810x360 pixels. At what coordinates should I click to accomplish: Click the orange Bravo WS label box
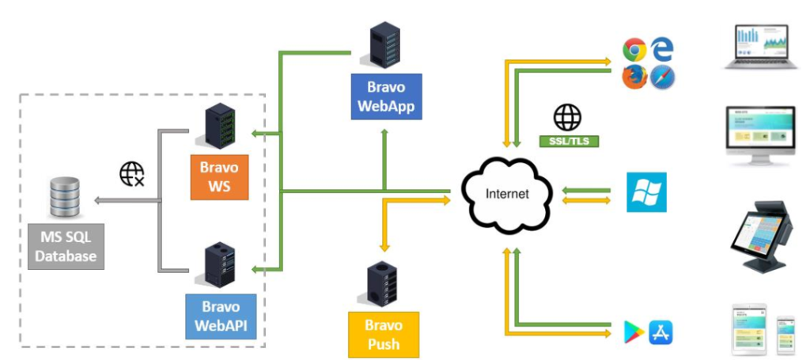pyautogui.click(x=219, y=177)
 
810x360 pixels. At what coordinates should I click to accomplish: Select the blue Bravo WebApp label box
pyautogui.click(x=386, y=96)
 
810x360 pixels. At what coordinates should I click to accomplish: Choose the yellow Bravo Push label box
pyautogui.click(x=383, y=335)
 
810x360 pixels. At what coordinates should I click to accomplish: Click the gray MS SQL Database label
pyautogui.click(x=66, y=246)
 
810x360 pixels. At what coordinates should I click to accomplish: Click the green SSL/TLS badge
pyautogui.click(x=569, y=141)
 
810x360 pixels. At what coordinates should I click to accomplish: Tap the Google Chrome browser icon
pyautogui.click(x=634, y=51)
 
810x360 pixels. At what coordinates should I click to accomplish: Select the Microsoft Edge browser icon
pyautogui.click(x=662, y=51)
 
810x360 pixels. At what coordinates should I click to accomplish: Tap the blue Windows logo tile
pyautogui.click(x=647, y=192)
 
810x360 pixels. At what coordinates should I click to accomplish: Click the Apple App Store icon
pyautogui.click(x=660, y=332)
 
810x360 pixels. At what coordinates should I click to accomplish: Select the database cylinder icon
pyautogui.click(x=65, y=198)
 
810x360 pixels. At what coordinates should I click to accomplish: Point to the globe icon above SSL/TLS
pyautogui.click(x=567, y=117)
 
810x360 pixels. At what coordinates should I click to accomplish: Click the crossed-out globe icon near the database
pyautogui.click(x=131, y=173)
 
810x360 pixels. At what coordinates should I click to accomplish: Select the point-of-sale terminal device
pyautogui.click(x=760, y=237)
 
